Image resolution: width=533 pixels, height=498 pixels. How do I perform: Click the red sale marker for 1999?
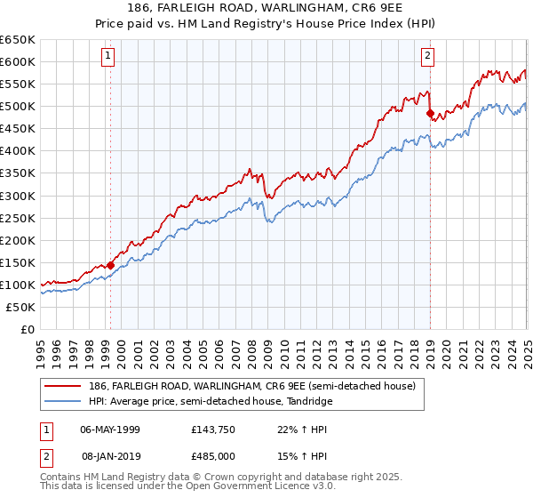tap(110, 264)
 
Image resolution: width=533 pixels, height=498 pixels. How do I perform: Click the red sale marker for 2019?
tap(430, 113)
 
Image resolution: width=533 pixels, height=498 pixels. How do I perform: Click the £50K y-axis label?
tap(20, 307)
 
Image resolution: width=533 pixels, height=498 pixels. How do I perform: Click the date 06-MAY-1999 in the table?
tap(110, 430)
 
